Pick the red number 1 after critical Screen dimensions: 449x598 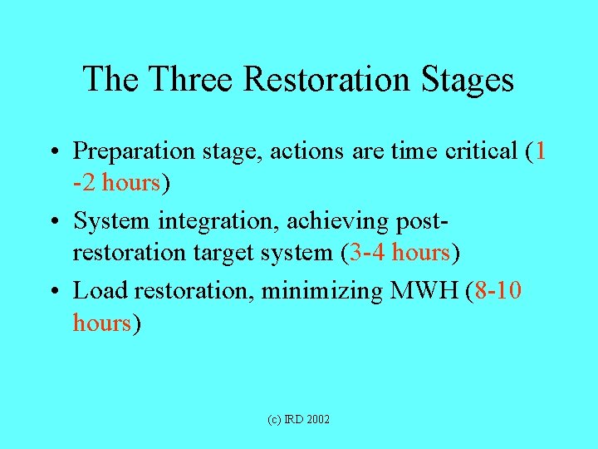541,151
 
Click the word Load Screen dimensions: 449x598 99,291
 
